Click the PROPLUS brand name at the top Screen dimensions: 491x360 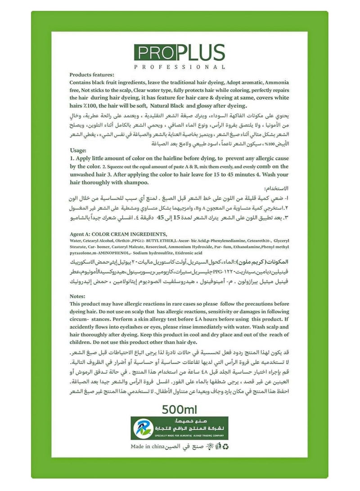pos(180,53)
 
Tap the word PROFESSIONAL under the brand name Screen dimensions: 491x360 pos(180,67)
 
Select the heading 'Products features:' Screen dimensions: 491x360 pos(92,75)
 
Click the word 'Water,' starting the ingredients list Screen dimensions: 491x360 pos(77,240)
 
